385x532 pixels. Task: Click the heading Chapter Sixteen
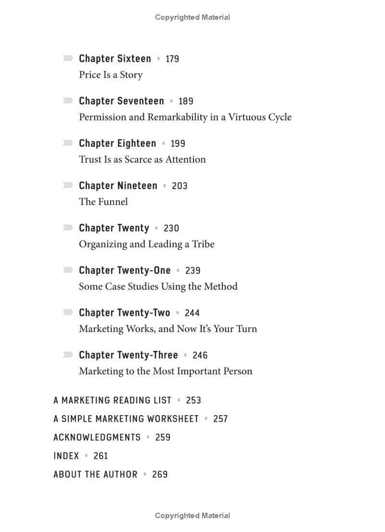coord(115,59)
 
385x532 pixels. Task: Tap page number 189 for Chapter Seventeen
coord(186,101)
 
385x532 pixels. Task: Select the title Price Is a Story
coord(111,75)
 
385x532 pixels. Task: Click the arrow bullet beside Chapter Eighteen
coord(68,143)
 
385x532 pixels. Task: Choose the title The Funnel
coord(103,202)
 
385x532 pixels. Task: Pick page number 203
coord(180,186)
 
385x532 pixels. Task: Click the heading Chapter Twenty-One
coord(125,270)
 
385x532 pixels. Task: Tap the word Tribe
coord(203,244)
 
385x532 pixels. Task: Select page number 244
coord(192,313)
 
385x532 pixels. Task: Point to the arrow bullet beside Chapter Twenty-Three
coord(68,355)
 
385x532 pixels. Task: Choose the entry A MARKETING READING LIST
coord(112,400)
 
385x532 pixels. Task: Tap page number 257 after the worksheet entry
coord(220,419)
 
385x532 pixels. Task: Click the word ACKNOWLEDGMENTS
coord(97,437)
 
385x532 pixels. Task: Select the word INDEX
coord(66,456)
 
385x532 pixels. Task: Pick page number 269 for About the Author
coord(160,474)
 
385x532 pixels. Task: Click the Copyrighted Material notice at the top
coord(192,17)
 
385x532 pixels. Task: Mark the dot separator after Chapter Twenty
coord(156,228)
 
